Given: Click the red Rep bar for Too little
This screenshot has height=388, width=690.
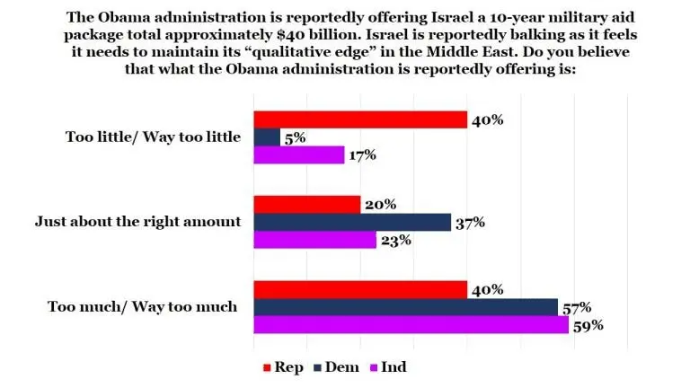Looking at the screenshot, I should [360, 119].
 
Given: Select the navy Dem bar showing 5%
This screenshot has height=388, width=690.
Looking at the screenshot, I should [267, 137].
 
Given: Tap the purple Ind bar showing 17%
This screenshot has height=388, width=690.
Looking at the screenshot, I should [299, 154].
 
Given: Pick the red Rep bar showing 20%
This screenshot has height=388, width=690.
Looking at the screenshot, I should [307, 205].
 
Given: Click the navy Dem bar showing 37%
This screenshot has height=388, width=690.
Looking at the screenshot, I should [352, 222].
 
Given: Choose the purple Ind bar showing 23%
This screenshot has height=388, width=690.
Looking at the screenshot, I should [315, 240].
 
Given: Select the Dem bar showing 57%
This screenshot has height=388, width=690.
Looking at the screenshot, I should [405, 307].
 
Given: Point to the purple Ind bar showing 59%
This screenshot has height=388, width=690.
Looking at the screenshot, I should [411, 324].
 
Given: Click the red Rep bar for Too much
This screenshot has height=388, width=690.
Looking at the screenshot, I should [360, 289].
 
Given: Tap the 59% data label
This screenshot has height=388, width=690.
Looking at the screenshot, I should [587, 325].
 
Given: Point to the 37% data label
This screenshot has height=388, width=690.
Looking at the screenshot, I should [470, 222].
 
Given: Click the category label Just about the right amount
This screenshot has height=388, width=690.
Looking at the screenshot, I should [137, 221].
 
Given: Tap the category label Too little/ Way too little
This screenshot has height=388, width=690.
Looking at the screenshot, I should [154, 137].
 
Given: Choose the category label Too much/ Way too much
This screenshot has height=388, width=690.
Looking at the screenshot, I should [142, 306].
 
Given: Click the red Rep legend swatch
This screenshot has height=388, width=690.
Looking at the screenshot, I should [266, 366].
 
